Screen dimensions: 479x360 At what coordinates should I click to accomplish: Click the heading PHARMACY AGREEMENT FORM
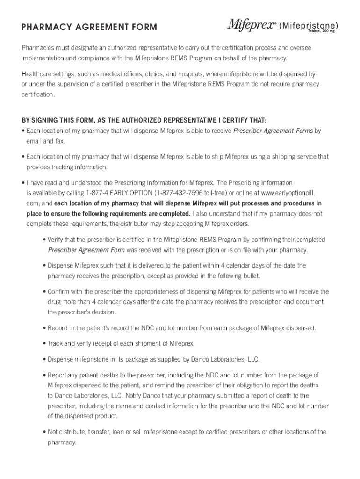[89, 27]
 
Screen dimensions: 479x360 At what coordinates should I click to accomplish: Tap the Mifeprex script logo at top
[251, 25]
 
